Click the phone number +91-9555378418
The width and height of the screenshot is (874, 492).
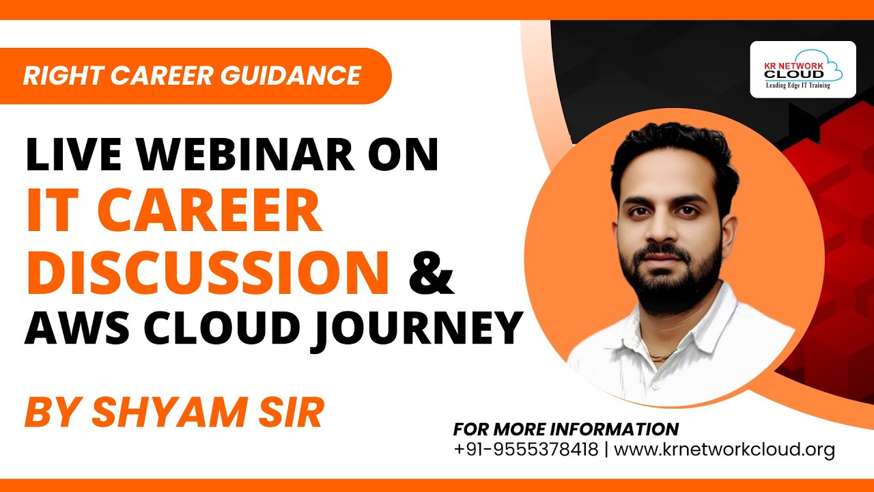tap(525, 450)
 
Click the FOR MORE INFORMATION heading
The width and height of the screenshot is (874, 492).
tap(565, 429)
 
